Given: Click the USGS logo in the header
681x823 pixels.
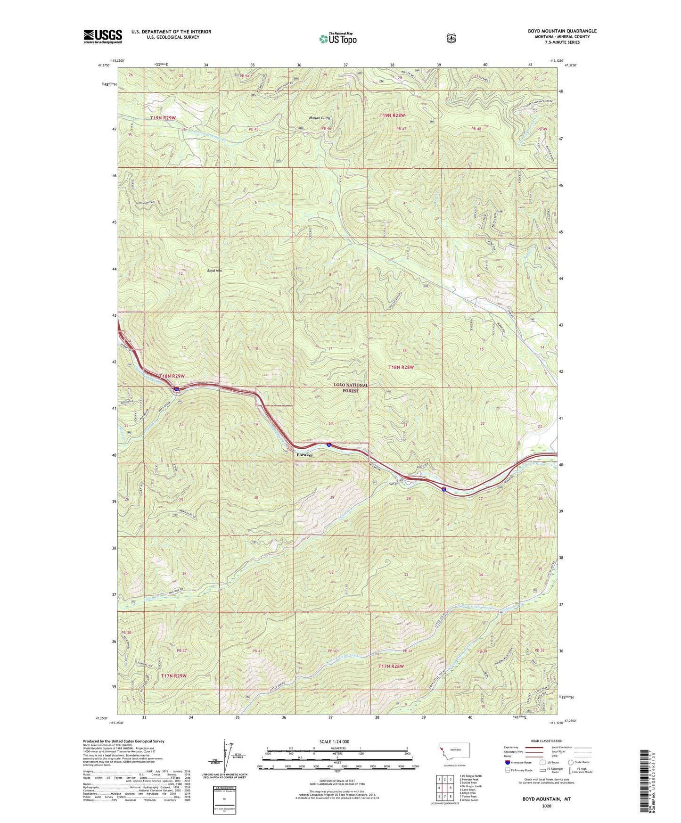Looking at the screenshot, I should [x=103, y=36].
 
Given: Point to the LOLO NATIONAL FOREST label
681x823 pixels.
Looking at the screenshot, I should [x=350, y=387].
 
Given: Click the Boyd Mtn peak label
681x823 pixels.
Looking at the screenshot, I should [x=214, y=271].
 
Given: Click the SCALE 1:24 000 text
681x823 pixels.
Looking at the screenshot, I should [x=334, y=741].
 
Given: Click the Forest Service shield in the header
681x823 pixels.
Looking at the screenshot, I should [x=451, y=38].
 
